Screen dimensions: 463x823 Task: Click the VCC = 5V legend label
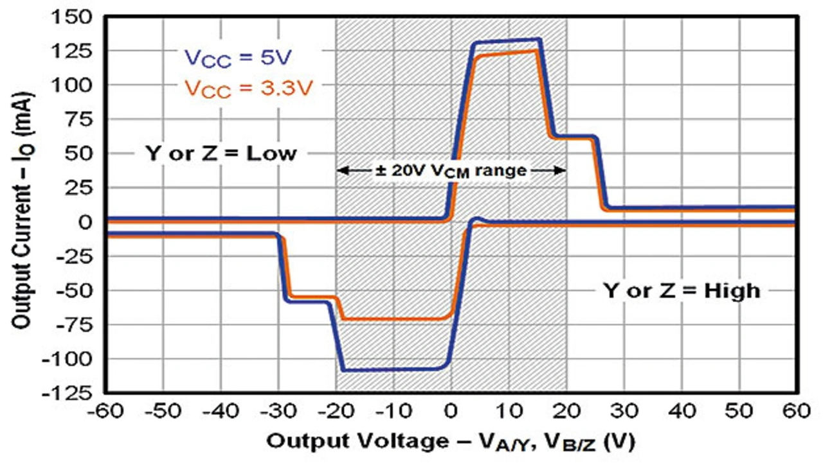239,57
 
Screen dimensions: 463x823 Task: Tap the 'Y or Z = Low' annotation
220,154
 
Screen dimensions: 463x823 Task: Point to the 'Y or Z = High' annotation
681,290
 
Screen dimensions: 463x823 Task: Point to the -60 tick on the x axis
106,410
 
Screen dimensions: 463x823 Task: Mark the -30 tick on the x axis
278,410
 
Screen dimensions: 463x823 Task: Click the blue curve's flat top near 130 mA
508,42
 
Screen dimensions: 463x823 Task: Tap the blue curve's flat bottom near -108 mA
392,369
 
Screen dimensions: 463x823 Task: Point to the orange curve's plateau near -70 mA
392,319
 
